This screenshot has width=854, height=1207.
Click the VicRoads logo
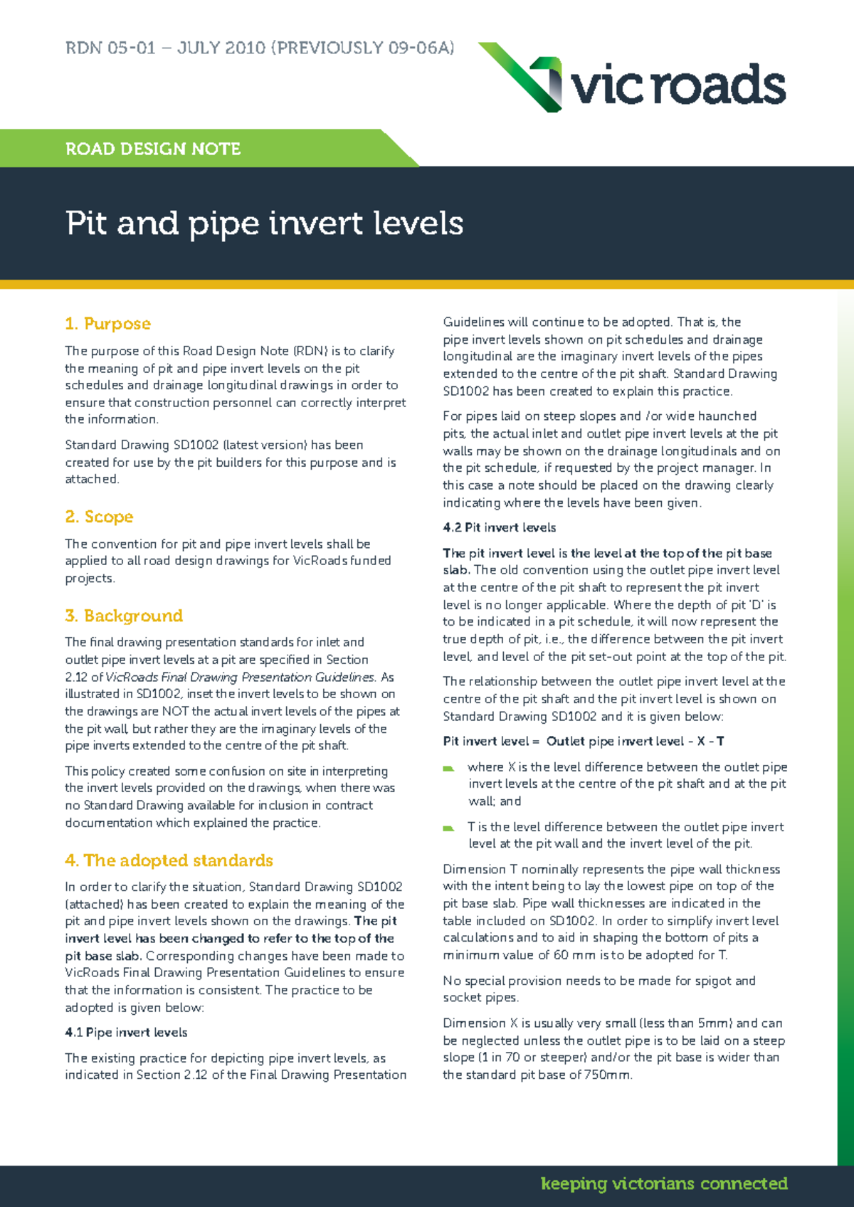click(632, 78)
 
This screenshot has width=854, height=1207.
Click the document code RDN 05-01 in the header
click(110, 48)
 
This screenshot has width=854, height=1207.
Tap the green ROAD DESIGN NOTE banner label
click(153, 149)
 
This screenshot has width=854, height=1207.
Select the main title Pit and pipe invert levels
click(264, 223)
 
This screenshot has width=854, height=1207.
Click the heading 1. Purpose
click(107, 324)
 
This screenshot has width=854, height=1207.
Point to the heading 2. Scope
click(99, 517)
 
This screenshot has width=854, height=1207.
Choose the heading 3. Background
click(124, 616)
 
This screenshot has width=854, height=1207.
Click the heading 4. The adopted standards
click(169, 860)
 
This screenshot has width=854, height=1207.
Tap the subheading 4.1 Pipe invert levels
click(126, 1033)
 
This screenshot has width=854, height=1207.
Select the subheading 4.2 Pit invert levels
click(499, 528)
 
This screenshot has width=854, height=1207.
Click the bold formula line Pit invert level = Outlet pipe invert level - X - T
click(584, 742)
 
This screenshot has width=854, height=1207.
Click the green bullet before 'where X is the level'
click(448, 769)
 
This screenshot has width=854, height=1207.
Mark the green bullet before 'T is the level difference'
click(448, 828)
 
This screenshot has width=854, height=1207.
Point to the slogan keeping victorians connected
click(664, 1184)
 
